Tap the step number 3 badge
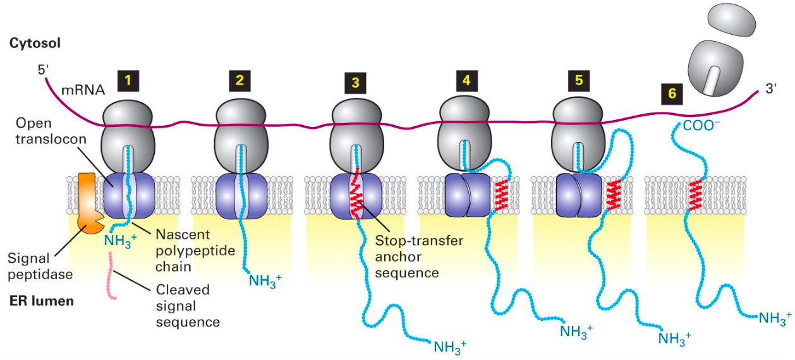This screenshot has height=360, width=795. pyautogui.click(x=355, y=82)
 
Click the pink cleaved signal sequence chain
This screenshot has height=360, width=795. pyautogui.click(x=112, y=276)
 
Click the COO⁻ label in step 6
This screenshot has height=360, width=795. pyautogui.click(x=701, y=125)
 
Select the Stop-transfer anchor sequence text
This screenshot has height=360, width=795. pyautogui.click(x=419, y=256)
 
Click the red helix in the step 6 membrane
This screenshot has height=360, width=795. pyautogui.click(x=696, y=195)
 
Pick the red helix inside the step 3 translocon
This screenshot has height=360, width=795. pyautogui.click(x=356, y=196)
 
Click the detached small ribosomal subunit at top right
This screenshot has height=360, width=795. pyautogui.click(x=731, y=21)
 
